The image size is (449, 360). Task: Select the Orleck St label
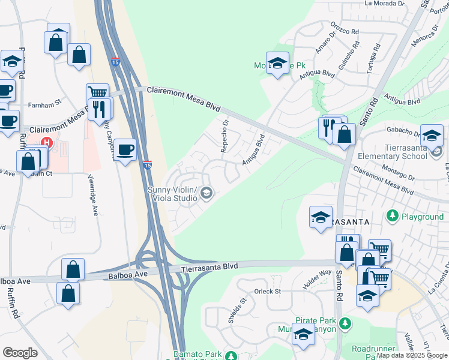267,292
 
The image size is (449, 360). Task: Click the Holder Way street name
318,280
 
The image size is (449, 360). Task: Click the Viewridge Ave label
94,195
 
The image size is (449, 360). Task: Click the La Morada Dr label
385,3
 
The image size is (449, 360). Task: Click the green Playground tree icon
393,215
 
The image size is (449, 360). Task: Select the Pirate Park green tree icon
345,323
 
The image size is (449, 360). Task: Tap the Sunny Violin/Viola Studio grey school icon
206,192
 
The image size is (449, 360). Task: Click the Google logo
20,353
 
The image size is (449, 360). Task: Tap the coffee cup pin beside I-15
125,149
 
